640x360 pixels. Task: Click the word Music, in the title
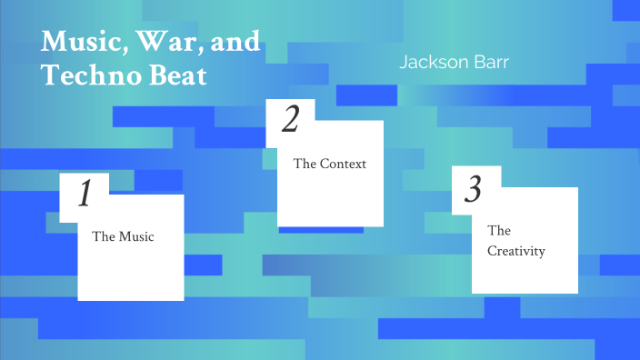(x=81, y=42)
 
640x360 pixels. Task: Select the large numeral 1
(x=85, y=195)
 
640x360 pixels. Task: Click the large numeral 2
(x=291, y=120)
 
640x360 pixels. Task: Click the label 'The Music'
(x=123, y=237)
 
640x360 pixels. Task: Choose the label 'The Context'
(x=329, y=165)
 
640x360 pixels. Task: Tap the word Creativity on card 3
(x=516, y=251)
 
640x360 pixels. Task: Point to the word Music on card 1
(x=136, y=237)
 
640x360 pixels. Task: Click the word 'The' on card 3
(x=498, y=231)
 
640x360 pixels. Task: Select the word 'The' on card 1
(x=102, y=237)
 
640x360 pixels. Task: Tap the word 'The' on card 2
(x=305, y=165)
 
